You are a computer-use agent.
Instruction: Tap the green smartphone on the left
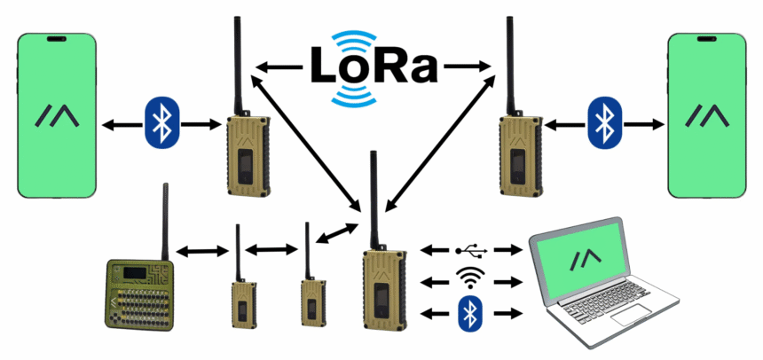[x=55, y=115]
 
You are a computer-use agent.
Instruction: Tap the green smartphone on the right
[x=706, y=115]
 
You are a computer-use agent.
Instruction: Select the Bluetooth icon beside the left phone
[x=161, y=123]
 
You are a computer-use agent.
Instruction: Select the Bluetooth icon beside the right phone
[x=604, y=123]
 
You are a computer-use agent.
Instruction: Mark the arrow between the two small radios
[x=272, y=251]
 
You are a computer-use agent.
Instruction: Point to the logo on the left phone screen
[x=55, y=116]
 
